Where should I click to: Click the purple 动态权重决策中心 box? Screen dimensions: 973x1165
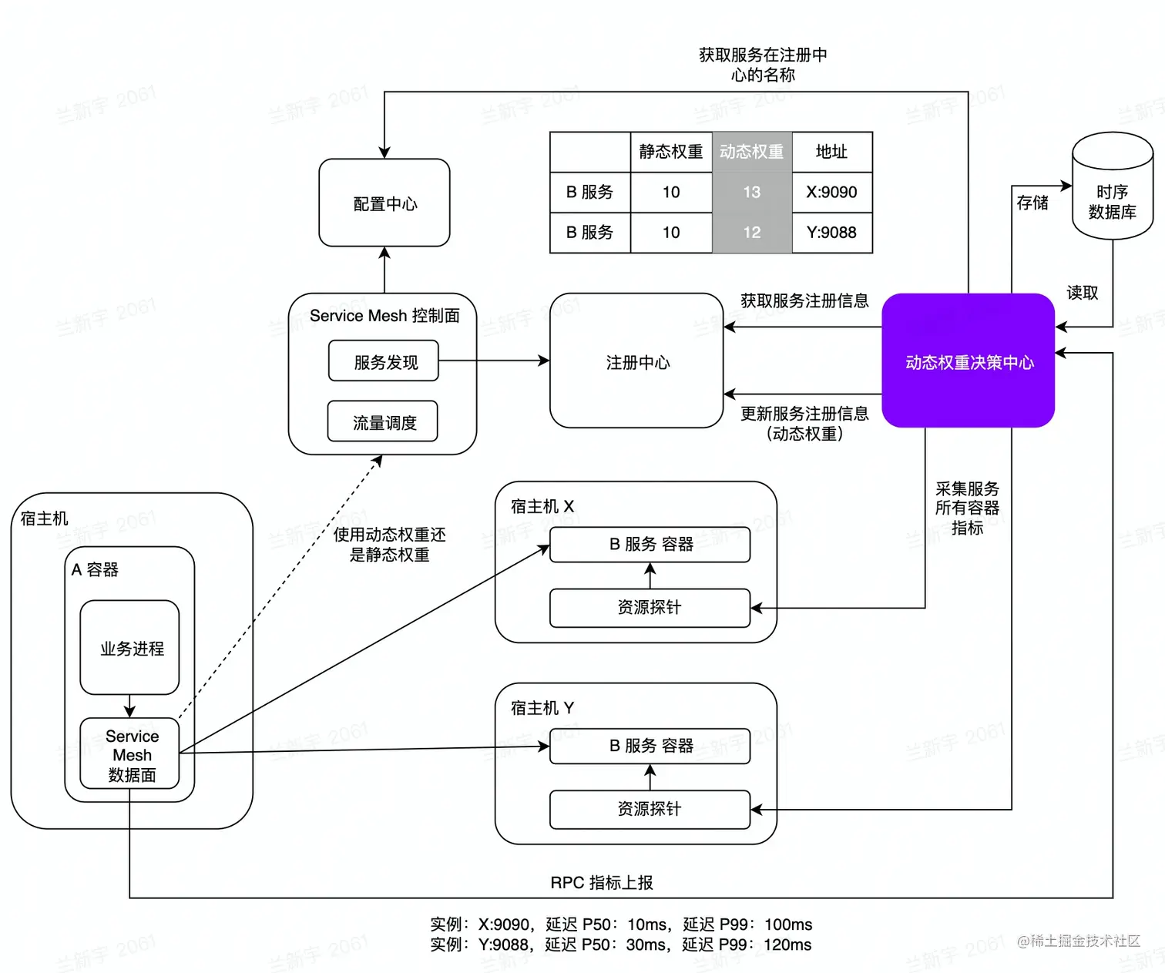[968, 361]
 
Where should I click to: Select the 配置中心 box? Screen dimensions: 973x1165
[384, 203]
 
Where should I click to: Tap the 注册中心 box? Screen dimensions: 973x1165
[636, 361]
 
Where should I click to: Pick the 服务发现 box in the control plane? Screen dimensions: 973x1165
[384, 361]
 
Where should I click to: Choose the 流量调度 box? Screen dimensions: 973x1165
[383, 422]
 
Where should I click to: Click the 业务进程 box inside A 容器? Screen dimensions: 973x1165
[130, 648]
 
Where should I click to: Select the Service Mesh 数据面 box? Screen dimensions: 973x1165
[130, 754]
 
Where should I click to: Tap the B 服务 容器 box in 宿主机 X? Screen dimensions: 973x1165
[650, 544]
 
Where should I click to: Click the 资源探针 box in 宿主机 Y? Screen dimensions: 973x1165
[650, 809]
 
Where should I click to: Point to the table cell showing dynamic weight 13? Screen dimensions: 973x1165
[751, 192]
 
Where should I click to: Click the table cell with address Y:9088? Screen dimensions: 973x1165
[831, 232]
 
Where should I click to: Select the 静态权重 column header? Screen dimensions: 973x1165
[670, 152]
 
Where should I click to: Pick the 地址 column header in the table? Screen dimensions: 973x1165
[831, 152]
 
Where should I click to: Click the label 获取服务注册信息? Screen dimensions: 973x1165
[804, 300]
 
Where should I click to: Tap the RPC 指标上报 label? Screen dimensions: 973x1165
[601, 882]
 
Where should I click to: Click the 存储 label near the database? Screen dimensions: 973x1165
[1032, 203]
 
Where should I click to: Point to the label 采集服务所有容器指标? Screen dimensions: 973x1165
[966, 508]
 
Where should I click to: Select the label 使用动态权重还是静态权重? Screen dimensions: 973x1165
[389, 544]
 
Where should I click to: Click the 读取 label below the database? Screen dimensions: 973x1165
[1082, 293]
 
